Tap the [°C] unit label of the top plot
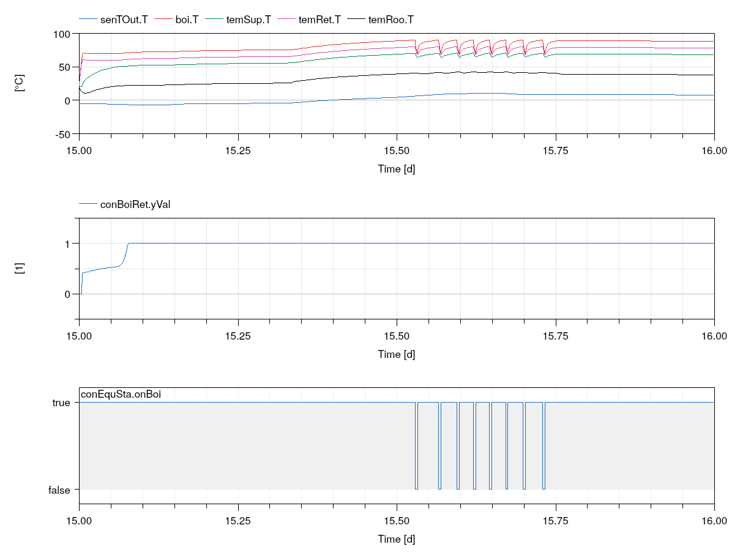(20, 83)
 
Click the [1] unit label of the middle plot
(20, 268)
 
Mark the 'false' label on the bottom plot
(59, 490)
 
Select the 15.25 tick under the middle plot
(238, 336)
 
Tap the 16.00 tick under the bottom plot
(714, 521)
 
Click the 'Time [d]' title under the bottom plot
(396, 539)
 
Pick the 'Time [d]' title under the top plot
(396, 169)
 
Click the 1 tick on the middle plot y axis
(67, 244)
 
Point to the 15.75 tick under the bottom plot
(555, 521)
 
